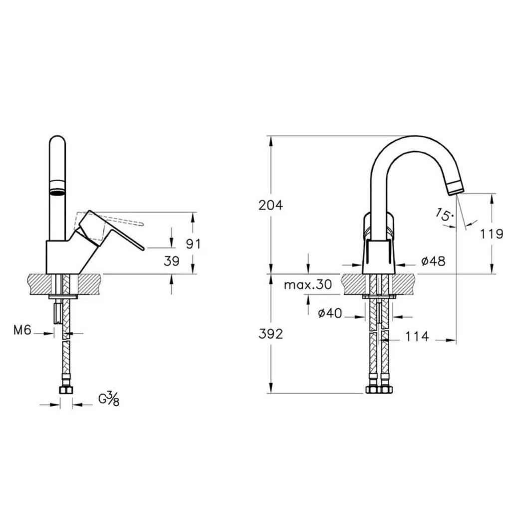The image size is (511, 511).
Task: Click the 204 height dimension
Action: coord(270,205)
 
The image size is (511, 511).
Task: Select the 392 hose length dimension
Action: coord(270,334)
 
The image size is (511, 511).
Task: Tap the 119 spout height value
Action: coord(492,234)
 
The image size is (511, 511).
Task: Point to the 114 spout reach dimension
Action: coord(417,336)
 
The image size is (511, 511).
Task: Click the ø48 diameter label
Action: coord(433,260)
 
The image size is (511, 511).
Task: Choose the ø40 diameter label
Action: coord(330,313)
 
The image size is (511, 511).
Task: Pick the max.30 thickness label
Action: coord(307,285)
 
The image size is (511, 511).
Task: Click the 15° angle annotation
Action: coord(444,215)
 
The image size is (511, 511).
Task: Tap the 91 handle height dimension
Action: coord(193,244)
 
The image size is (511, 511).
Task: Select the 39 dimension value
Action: coord(172,261)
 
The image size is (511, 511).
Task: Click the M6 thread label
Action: coord(22,330)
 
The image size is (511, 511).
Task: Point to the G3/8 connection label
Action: coord(109,400)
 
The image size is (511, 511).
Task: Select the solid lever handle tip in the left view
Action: coord(142,249)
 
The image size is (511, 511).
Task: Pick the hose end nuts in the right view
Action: coord(379,389)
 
